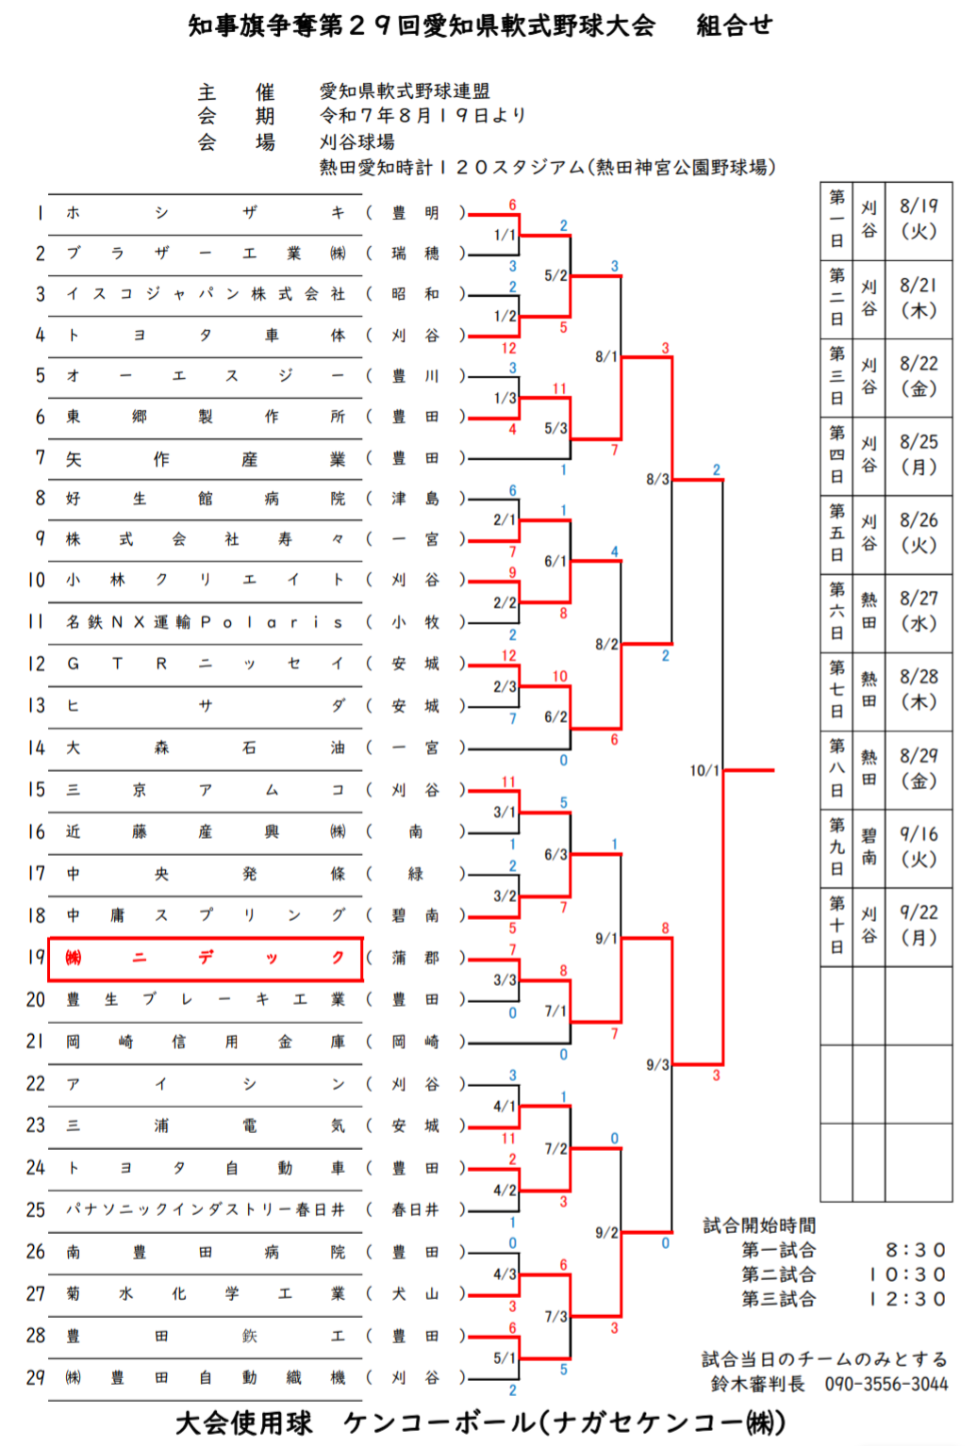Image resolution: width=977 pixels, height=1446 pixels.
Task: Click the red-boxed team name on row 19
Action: click(206, 958)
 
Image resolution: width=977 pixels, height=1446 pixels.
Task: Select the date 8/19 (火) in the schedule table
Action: click(919, 218)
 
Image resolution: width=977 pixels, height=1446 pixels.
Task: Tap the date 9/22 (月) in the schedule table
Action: click(919, 925)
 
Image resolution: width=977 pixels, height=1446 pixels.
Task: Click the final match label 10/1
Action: click(704, 770)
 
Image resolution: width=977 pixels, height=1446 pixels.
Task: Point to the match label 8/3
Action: click(657, 479)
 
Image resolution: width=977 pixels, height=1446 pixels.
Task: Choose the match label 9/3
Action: click(657, 1064)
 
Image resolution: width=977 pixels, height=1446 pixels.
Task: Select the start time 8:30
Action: click(915, 1250)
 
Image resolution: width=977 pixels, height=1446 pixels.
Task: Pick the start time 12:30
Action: click(907, 1299)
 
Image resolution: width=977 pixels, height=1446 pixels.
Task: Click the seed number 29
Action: click(36, 1377)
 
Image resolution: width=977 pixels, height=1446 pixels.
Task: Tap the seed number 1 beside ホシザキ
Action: click(40, 213)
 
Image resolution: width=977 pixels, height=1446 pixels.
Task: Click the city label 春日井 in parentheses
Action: click(415, 1209)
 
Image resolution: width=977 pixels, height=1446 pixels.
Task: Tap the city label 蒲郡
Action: click(415, 958)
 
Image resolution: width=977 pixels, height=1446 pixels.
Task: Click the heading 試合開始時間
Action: click(759, 1225)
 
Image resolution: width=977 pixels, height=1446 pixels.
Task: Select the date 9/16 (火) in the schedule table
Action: click(919, 846)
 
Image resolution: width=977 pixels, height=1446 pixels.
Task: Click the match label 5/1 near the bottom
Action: click(505, 1358)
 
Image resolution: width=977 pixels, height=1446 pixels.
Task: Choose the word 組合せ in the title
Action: click(734, 25)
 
